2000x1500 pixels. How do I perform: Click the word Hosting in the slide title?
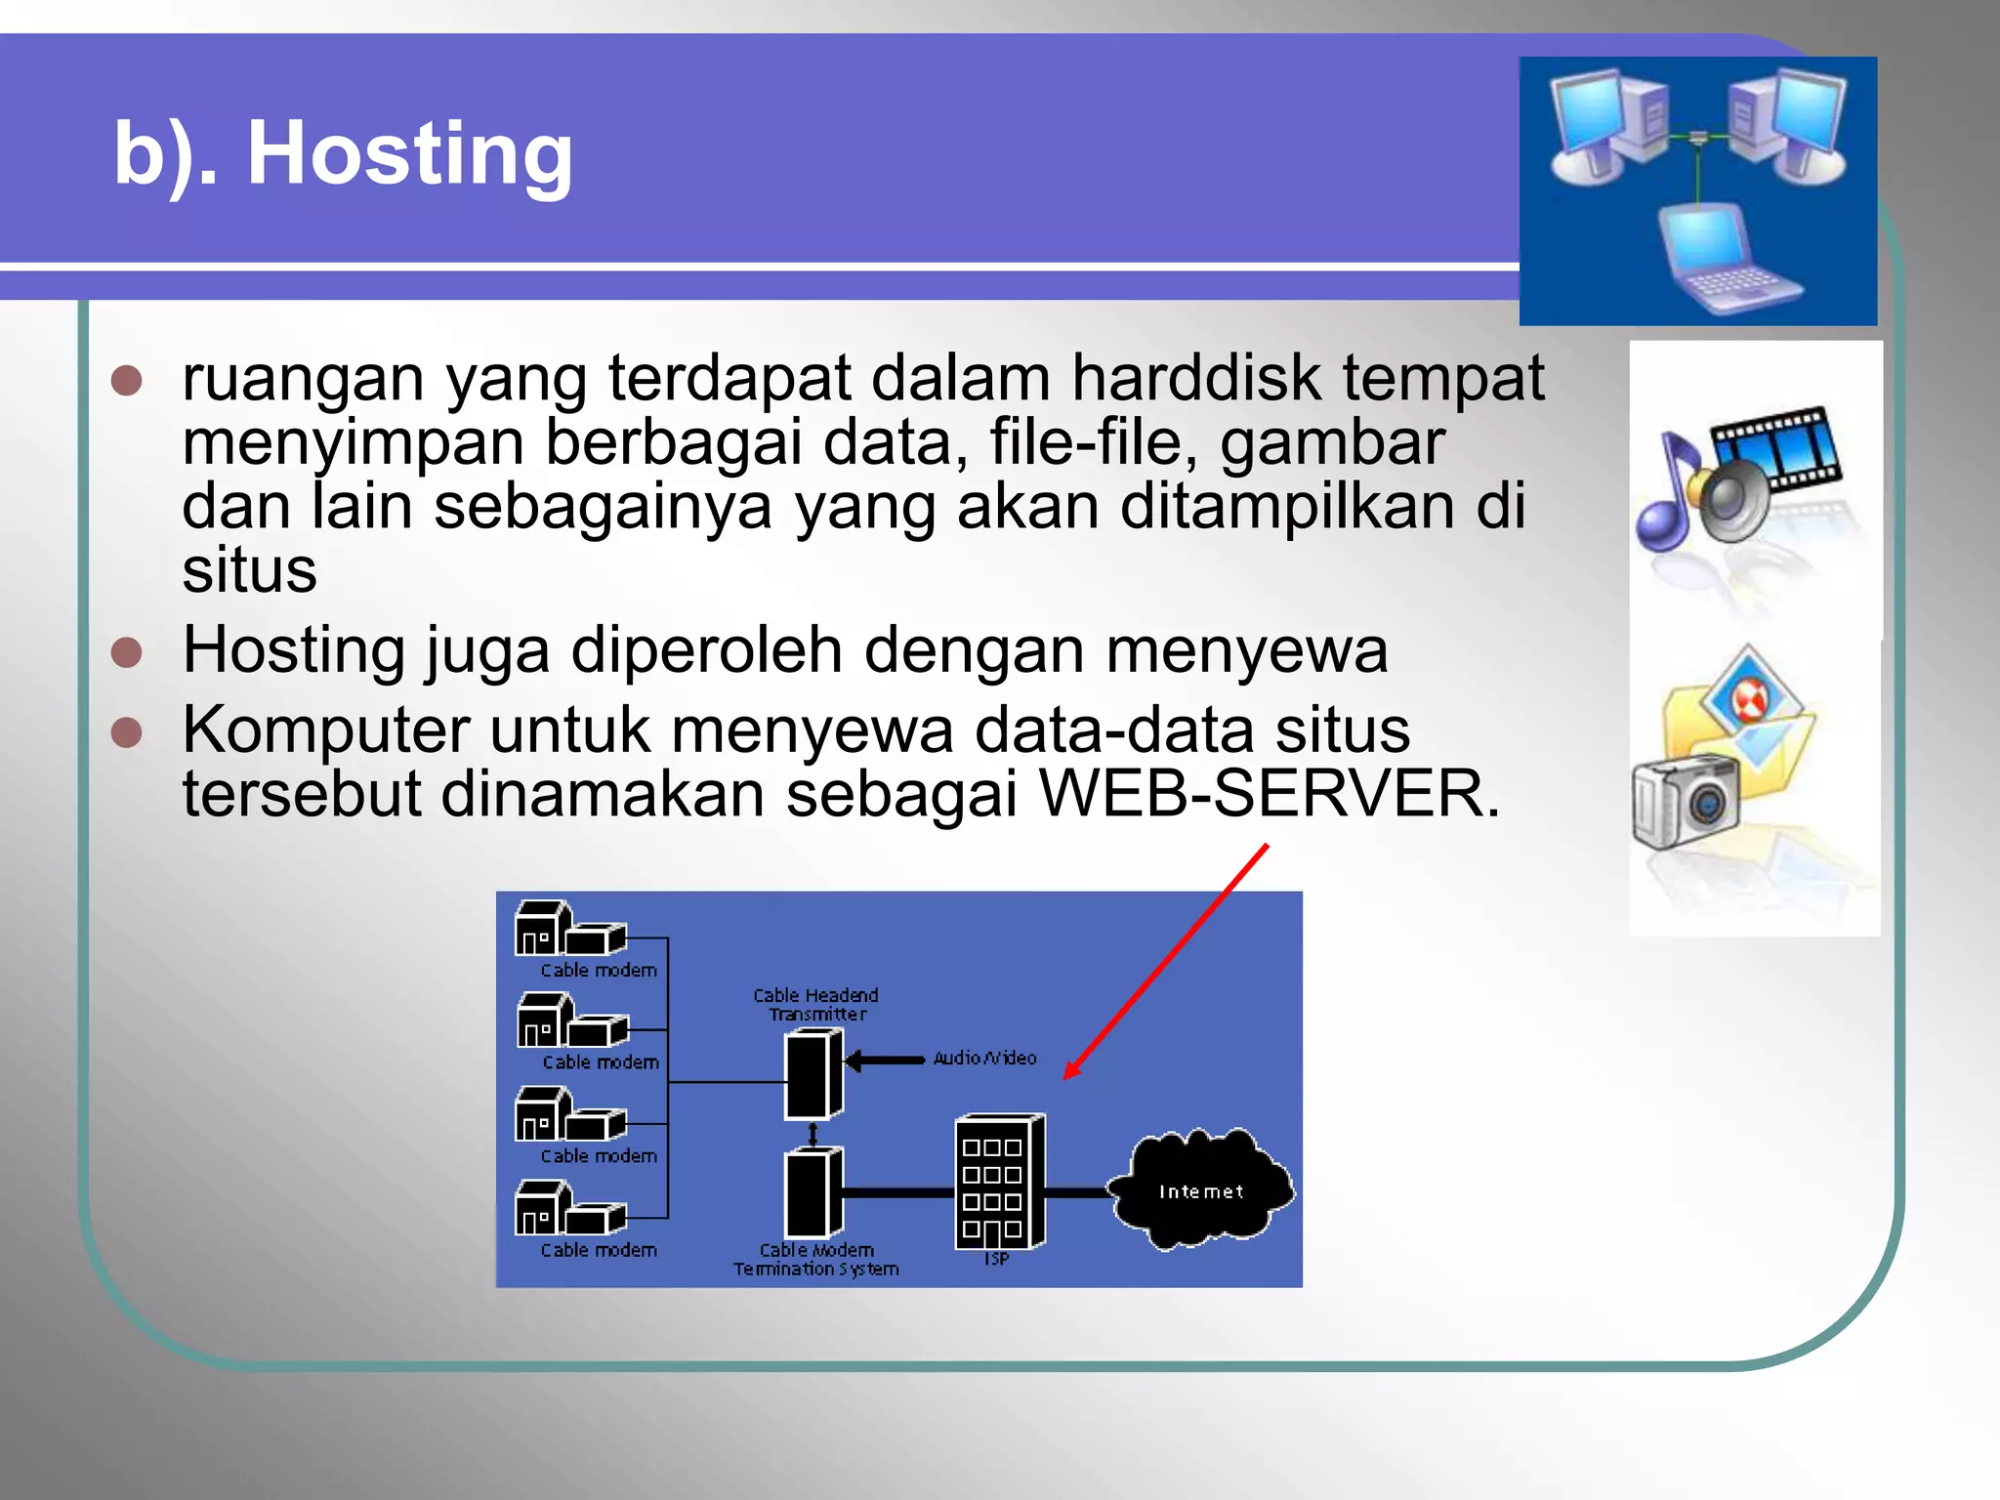409,153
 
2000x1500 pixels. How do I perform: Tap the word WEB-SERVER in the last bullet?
1269,793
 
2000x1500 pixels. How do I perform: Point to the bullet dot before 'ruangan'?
127,380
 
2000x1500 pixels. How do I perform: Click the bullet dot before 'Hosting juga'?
127,651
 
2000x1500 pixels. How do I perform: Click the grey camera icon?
1685,801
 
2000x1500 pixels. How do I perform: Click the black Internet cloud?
1201,1189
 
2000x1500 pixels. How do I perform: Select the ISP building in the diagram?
999,1182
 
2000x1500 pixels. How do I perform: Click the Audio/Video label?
984,1059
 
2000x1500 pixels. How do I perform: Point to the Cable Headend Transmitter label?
816,1005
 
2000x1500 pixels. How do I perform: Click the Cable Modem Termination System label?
816,1260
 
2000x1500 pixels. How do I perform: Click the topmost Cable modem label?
599,971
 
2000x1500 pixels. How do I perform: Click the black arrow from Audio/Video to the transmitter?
884,1061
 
